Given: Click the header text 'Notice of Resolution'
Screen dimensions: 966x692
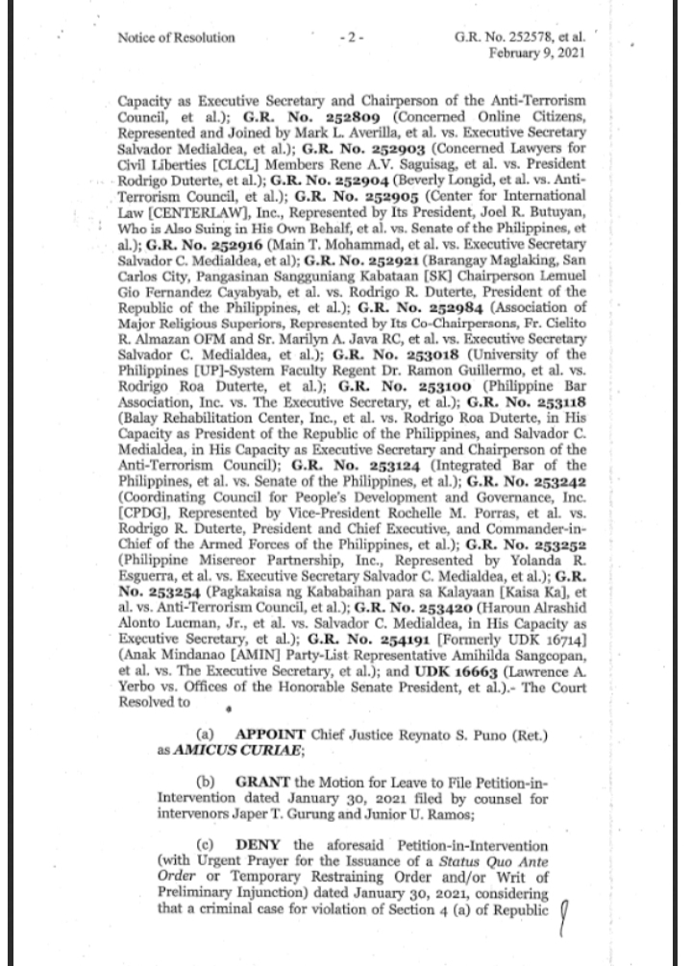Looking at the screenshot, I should (176, 37).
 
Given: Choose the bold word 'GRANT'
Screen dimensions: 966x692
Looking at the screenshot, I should (262, 783).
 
